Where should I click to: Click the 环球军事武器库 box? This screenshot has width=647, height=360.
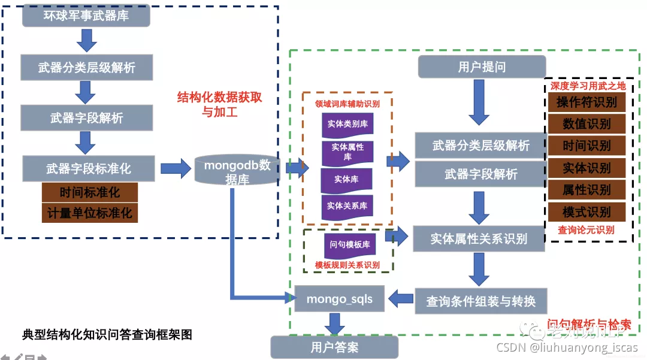point(86,16)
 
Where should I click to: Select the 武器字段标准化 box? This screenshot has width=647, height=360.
point(89,169)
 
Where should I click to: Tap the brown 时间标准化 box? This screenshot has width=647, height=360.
point(89,193)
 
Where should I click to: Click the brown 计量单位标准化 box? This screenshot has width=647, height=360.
point(89,213)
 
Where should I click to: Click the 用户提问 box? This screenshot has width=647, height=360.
point(482,67)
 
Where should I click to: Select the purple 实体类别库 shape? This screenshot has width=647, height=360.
point(347,125)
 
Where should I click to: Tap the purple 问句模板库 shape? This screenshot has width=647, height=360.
point(349,245)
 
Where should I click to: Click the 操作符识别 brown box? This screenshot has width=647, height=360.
point(586,102)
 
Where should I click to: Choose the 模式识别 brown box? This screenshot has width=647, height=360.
point(586,212)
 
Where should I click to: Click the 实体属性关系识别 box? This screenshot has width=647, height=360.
point(479,238)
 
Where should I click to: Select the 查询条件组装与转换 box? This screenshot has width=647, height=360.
point(480,301)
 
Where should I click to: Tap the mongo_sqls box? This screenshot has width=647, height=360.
point(339,299)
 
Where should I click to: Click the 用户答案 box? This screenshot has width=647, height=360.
point(334,347)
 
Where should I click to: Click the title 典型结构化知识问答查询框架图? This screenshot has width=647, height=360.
point(107,334)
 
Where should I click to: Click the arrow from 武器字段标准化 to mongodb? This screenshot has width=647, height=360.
point(175,168)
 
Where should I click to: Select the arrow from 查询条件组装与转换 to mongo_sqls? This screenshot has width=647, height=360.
point(401,297)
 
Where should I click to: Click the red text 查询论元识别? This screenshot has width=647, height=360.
point(586,229)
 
